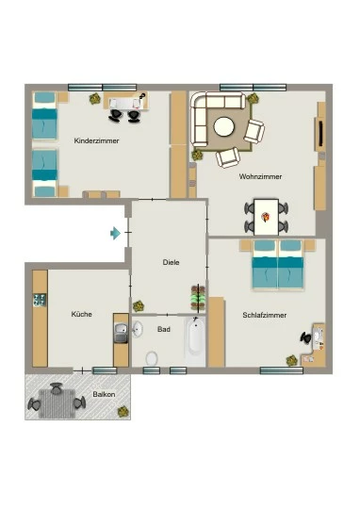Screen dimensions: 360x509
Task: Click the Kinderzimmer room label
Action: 96,140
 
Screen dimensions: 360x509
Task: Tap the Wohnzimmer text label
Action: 260,176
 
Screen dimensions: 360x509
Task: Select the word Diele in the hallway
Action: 172,262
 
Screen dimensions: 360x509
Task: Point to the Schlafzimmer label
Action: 265,315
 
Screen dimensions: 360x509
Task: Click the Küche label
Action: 81,314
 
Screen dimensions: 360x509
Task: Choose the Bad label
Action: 164,329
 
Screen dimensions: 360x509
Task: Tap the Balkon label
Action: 104,394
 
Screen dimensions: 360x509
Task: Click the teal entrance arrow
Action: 115,233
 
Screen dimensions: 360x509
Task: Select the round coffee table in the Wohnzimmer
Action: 224,126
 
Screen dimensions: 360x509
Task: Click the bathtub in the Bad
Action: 195,341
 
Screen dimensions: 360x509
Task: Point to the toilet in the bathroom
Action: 152,358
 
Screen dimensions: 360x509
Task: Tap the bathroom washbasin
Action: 138,329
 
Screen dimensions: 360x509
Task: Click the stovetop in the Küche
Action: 40,300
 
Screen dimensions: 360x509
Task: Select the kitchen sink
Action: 121,333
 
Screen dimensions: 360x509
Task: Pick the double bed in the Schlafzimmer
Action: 278,264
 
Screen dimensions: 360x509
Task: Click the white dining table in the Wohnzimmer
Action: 266,217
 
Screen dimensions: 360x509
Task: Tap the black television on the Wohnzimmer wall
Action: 321,134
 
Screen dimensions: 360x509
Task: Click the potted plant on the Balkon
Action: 123,412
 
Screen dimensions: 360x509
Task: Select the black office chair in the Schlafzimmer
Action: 305,338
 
